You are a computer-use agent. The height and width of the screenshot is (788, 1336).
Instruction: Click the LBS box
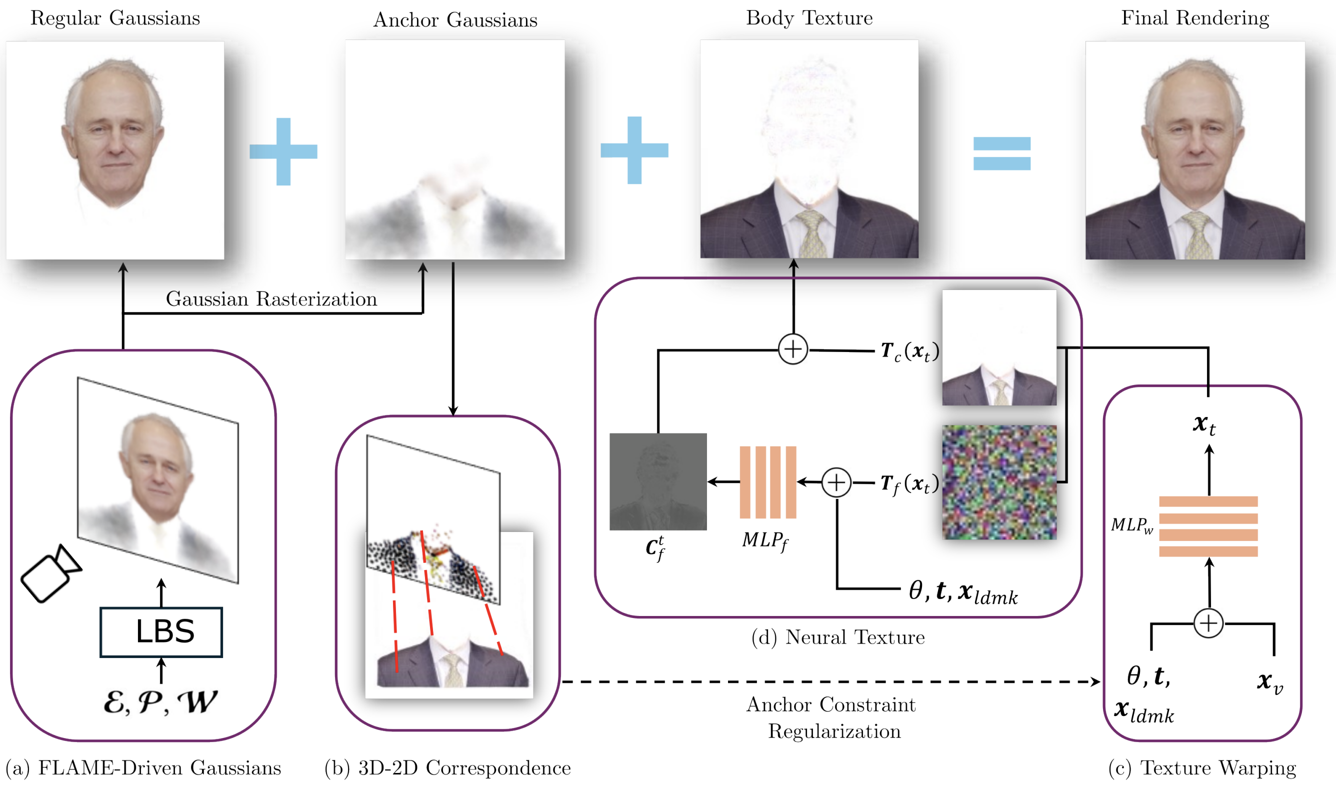161,632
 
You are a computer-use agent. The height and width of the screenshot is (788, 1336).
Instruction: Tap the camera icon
50,574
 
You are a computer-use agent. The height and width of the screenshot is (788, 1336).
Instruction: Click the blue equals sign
1001,153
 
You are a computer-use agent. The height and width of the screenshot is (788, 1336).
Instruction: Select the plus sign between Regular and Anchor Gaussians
283,152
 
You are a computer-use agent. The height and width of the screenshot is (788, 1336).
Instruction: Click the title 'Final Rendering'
1195,18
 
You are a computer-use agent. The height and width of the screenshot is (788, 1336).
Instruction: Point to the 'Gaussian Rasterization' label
271,299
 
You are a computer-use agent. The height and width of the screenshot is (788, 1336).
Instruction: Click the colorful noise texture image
999,482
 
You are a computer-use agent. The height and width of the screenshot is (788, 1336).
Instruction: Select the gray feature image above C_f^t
658,481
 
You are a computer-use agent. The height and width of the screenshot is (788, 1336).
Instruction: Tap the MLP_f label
764,540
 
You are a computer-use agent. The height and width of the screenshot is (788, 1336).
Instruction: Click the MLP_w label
1131,525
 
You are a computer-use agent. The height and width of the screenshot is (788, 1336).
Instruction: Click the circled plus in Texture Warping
1208,623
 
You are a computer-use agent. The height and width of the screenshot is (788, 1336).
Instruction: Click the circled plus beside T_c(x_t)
793,349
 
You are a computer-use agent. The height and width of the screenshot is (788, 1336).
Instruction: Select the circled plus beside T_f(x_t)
836,482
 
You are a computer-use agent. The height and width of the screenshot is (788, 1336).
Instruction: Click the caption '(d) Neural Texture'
838,637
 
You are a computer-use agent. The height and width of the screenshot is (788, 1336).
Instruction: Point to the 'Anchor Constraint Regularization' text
832,717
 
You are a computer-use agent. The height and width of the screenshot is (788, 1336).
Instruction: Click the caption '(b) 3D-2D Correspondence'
447,768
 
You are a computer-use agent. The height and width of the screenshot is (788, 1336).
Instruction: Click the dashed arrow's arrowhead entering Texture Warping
1095,681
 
